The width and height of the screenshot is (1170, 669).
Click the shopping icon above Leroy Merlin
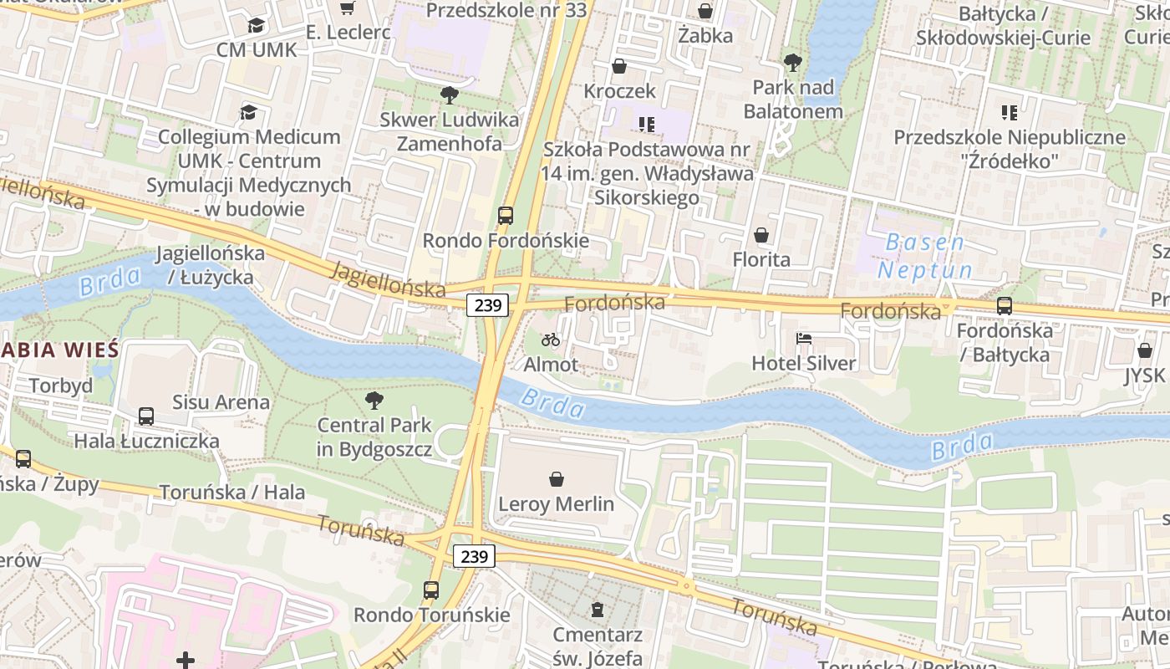(x=557, y=479)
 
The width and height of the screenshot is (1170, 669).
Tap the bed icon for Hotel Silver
(x=803, y=339)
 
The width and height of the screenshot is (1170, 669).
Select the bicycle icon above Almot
(x=551, y=340)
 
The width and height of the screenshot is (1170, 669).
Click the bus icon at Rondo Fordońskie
(x=506, y=216)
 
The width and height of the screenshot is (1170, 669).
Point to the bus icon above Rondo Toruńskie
(x=431, y=590)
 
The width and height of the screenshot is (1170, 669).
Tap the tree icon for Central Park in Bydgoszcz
(x=374, y=401)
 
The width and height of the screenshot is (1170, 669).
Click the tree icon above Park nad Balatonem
(x=792, y=63)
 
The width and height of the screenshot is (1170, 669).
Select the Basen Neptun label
(x=924, y=257)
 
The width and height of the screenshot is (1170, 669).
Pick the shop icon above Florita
(x=761, y=236)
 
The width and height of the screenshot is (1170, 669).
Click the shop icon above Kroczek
(x=619, y=66)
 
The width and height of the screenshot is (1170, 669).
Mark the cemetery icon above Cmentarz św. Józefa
(x=597, y=609)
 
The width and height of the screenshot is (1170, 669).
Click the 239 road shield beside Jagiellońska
(x=487, y=305)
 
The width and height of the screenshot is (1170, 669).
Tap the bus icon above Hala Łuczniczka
(x=146, y=416)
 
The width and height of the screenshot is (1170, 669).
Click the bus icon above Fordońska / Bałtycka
(x=1005, y=306)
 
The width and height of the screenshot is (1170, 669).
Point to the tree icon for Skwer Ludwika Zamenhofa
(x=450, y=94)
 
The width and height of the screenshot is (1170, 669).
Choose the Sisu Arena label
(x=221, y=402)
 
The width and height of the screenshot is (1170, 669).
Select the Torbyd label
(x=61, y=386)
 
